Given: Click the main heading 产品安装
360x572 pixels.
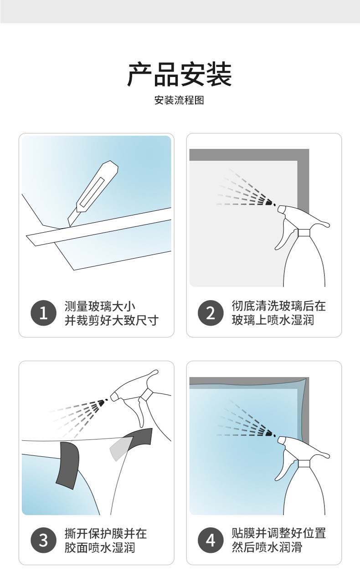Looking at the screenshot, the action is click(x=180, y=74).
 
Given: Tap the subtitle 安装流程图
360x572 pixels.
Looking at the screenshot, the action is click(x=180, y=100).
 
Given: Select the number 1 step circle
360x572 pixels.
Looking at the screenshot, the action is click(x=43, y=313).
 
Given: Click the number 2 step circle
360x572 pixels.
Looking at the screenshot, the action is click(x=211, y=313).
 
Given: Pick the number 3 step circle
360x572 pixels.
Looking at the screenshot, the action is click(x=43, y=540).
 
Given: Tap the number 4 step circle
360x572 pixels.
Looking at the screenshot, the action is click(x=211, y=540).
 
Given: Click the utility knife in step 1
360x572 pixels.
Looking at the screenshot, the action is click(x=93, y=193).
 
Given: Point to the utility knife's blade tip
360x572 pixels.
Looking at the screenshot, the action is click(x=69, y=226).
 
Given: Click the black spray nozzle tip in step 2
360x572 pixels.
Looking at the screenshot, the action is click(x=268, y=203).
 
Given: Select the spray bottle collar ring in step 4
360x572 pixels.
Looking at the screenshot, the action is click(x=304, y=464).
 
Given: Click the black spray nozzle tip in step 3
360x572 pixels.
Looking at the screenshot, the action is click(x=101, y=403).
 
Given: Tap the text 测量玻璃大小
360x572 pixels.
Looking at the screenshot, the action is click(x=100, y=306).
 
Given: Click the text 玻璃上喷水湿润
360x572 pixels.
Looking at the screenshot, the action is click(x=273, y=320).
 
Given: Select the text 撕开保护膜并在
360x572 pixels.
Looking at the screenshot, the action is click(x=106, y=533).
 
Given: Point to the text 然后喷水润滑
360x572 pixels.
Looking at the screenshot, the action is click(x=267, y=547).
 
